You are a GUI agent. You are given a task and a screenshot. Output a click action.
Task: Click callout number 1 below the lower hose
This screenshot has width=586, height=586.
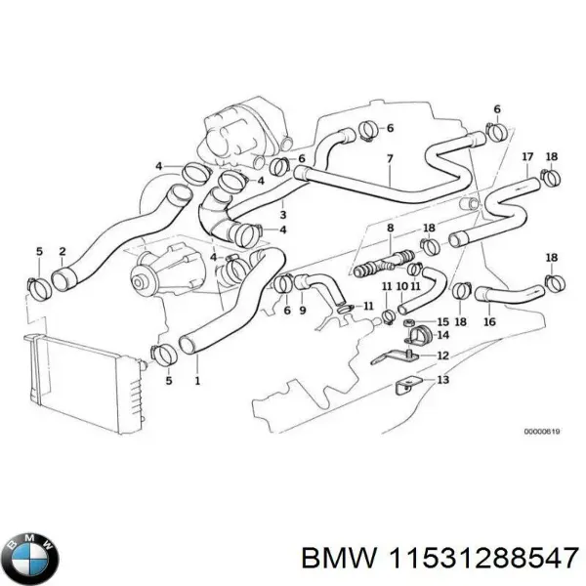tap(199, 381)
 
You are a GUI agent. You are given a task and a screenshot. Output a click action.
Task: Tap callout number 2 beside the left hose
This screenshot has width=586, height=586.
tap(63, 251)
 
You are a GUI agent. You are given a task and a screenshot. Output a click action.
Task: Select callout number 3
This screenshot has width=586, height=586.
tap(282, 216)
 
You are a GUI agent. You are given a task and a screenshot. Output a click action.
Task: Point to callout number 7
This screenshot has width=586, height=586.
tap(389, 159)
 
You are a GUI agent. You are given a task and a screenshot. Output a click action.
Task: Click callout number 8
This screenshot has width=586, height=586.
tap(390, 228)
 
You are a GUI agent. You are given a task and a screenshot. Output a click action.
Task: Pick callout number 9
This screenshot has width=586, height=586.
tap(302, 311)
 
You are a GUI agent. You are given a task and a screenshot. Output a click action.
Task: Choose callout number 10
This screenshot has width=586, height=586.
tap(400, 286)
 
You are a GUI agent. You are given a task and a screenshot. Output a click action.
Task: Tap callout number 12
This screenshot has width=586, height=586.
tap(442, 356)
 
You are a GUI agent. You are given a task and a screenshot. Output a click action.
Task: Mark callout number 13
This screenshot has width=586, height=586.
tap(442, 381)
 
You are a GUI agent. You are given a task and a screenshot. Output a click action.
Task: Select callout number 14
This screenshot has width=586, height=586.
tap(442, 335)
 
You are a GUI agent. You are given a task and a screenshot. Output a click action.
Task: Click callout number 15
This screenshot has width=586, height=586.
tap(442, 321)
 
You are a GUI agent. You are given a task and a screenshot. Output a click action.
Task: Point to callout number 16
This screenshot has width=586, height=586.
tap(489, 321)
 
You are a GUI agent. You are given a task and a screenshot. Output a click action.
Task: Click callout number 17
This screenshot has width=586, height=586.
tap(527, 156)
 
